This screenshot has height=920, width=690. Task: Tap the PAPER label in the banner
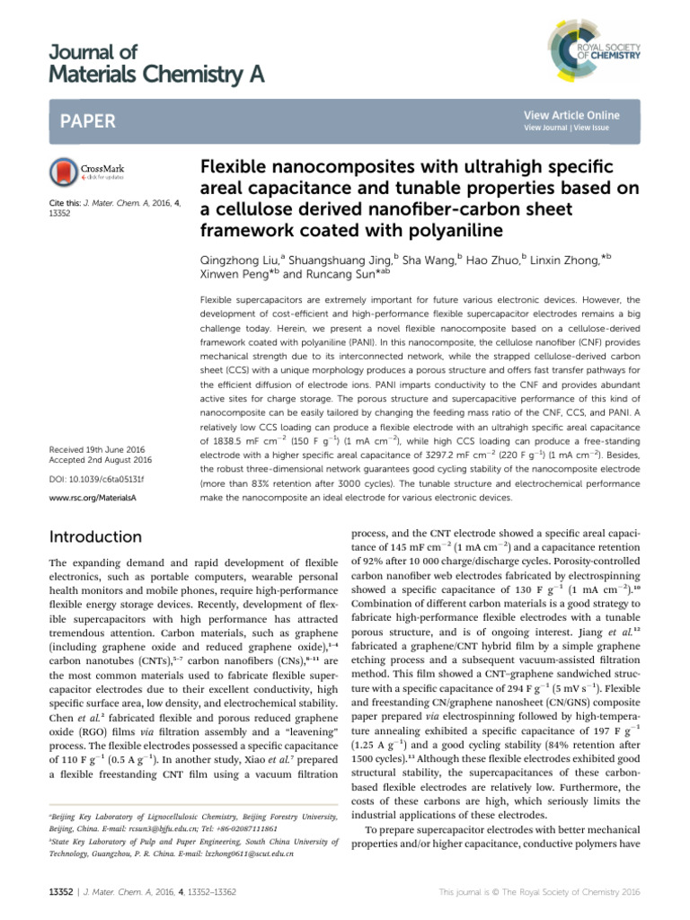(84, 119)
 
